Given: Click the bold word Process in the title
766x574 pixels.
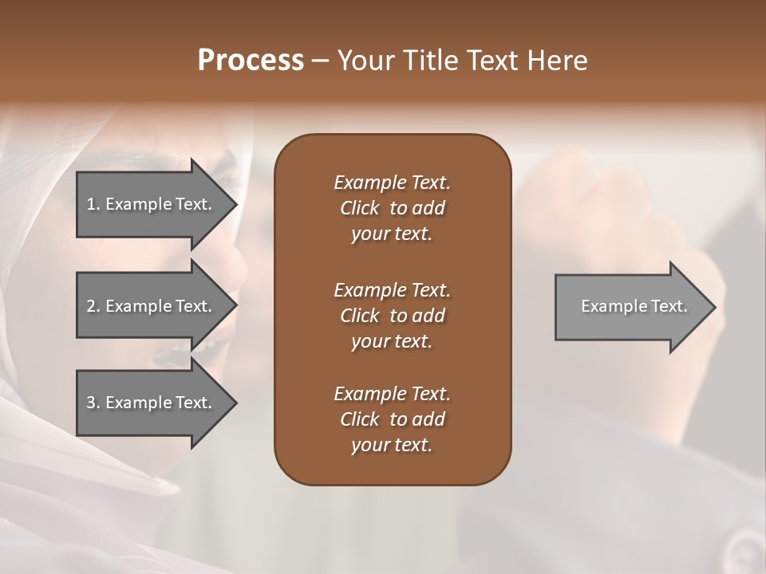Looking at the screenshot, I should [x=250, y=61].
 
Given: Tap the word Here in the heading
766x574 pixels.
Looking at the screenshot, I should [x=558, y=61].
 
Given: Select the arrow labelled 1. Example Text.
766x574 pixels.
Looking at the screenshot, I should [x=152, y=205].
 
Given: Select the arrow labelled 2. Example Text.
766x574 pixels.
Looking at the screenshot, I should [x=152, y=307].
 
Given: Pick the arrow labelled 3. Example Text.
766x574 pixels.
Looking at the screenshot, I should [x=152, y=403].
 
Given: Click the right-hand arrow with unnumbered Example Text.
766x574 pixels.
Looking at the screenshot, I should [x=630, y=307].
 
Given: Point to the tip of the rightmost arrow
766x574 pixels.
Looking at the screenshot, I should [x=714, y=307].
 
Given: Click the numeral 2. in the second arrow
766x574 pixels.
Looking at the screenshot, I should [x=93, y=306].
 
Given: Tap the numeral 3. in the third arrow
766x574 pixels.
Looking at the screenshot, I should [x=93, y=403].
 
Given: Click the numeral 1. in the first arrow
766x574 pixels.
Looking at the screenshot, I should [x=93, y=204].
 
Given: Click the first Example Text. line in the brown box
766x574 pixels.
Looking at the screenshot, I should [x=392, y=183].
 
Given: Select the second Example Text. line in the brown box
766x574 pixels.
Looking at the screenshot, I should [x=392, y=289].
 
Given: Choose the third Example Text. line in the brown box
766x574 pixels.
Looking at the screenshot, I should [x=392, y=394].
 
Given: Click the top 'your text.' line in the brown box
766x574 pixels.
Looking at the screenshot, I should [x=392, y=234].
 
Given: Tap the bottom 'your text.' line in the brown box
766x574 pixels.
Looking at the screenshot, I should [x=392, y=446].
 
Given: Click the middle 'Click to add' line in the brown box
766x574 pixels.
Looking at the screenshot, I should [x=392, y=316].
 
